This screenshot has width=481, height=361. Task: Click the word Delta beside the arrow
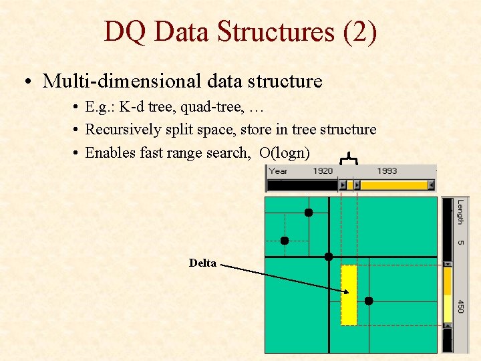pyautogui.click(x=202, y=263)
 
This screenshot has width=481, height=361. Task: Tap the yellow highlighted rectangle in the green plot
pyautogui.click(x=349, y=295)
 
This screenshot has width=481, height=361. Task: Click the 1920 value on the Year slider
pyautogui.click(x=323, y=171)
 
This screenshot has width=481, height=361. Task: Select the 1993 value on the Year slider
pyautogui.click(x=387, y=171)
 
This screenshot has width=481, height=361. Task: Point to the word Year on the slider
pyautogui.click(x=279, y=171)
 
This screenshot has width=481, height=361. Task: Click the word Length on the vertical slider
pyautogui.click(x=460, y=213)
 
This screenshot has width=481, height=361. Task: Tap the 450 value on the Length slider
pyautogui.click(x=460, y=306)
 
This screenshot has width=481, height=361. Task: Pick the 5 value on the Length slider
pyautogui.click(x=460, y=241)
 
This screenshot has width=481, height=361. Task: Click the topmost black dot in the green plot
pyautogui.click(x=309, y=213)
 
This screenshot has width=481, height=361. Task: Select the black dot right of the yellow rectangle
pyautogui.click(x=368, y=301)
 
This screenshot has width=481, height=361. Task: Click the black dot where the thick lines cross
pyautogui.click(x=329, y=257)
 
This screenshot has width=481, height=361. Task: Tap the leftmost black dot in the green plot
pyautogui.click(x=285, y=240)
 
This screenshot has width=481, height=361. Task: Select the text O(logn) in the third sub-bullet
pyautogui.click(x=285, y=152)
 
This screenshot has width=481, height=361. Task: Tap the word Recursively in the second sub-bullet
pyautogui.click(x=123, y=130)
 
